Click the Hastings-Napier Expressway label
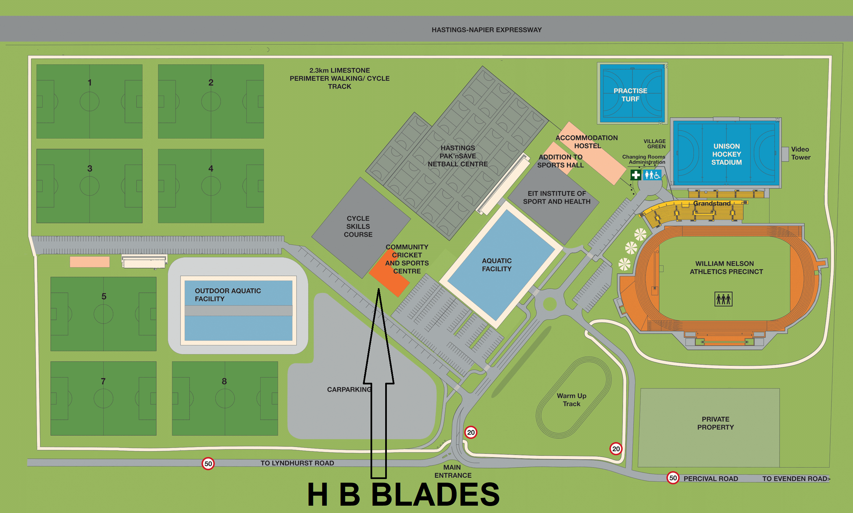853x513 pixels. coord(486,30)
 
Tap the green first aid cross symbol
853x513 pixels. coord(635,175)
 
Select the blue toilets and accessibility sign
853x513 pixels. coord(652,175)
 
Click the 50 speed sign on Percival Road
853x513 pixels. coord(673,478)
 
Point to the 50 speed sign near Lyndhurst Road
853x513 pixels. coord(208,464)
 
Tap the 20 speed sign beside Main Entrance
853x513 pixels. coord(471,432)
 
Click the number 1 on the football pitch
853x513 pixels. coord(90,83)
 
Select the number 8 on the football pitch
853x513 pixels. coord(224,381)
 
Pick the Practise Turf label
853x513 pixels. coord(630,95)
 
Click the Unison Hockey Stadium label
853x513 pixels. coord(726,154)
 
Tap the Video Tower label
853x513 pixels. coord(800,153)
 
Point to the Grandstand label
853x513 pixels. coord(712,204)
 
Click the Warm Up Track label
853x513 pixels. coord(571,400)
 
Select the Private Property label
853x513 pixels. coord(715,423)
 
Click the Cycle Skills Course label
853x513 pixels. coord(358,227)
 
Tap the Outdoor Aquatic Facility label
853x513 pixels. coord(228,295)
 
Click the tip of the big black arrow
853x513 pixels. coord(379,290)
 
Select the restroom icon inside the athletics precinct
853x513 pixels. coord(723,299)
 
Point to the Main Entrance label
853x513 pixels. coord(452,471)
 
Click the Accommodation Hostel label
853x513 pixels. coord(587,142)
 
